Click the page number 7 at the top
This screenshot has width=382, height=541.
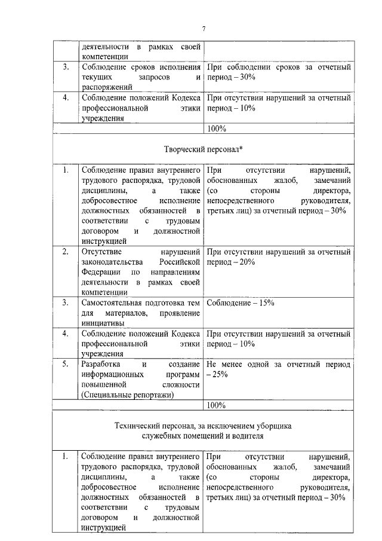[x=204, y=29]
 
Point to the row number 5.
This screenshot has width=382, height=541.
[x=65, y=363]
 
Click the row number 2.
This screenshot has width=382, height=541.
[x=65, y=252]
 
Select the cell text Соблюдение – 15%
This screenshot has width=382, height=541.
[x=240, y=302]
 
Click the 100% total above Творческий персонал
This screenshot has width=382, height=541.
[x=216, y=128]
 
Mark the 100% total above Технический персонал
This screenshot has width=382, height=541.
[x=216, y=405]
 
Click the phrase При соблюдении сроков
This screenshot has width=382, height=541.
[x=249, y=67]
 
